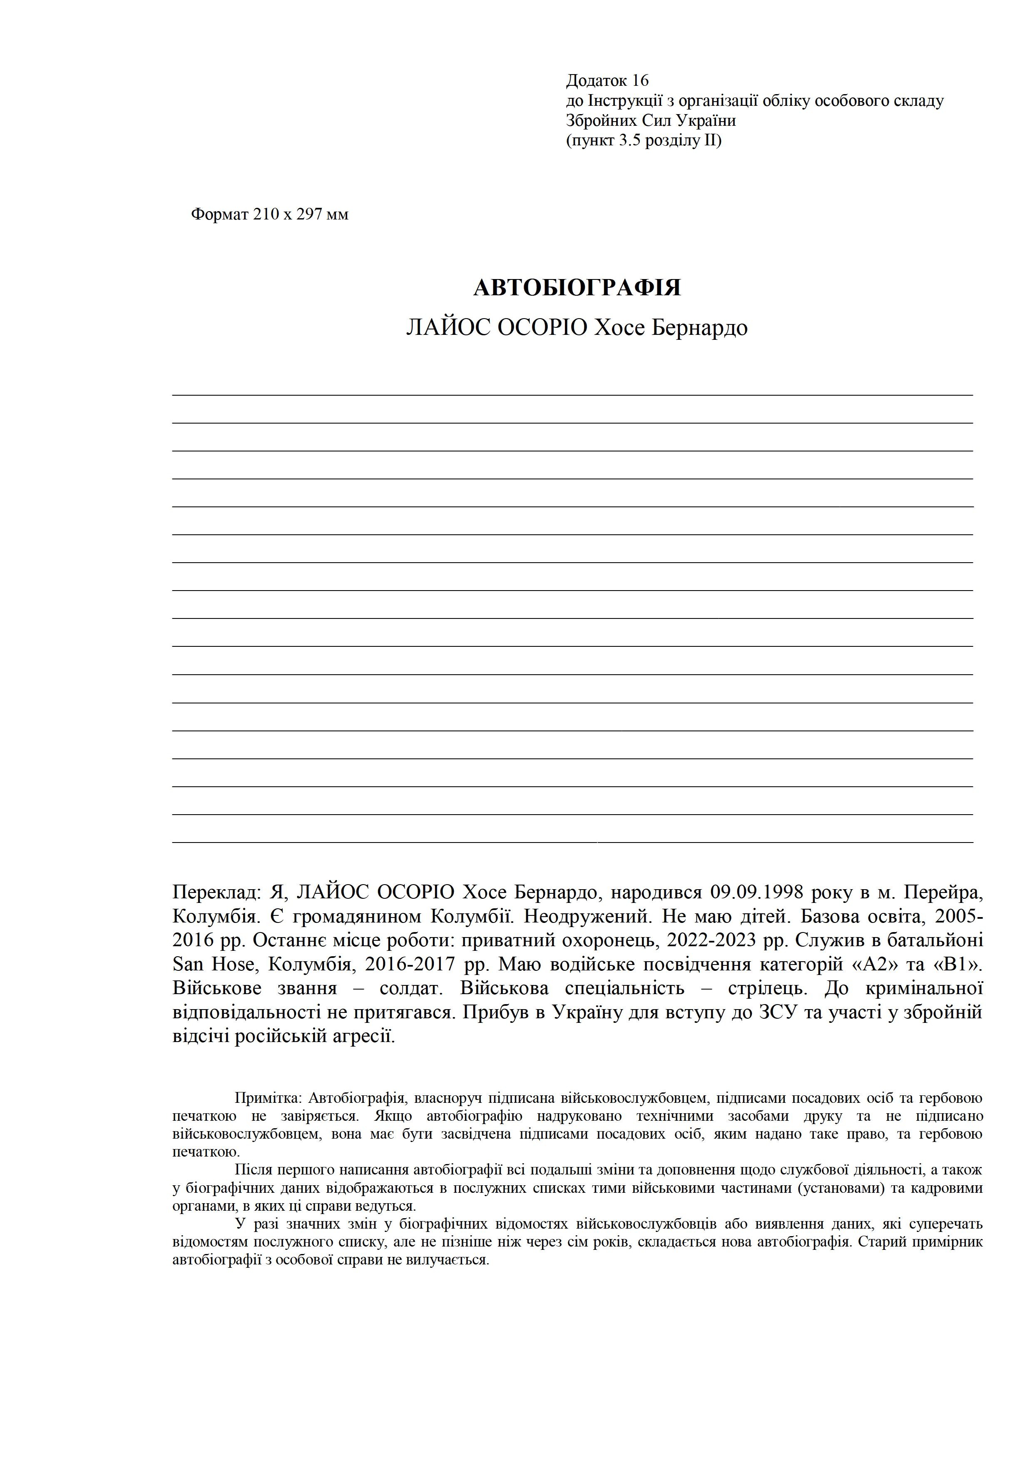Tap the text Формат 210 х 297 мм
point(270,214)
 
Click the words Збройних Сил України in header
point(651,120)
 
